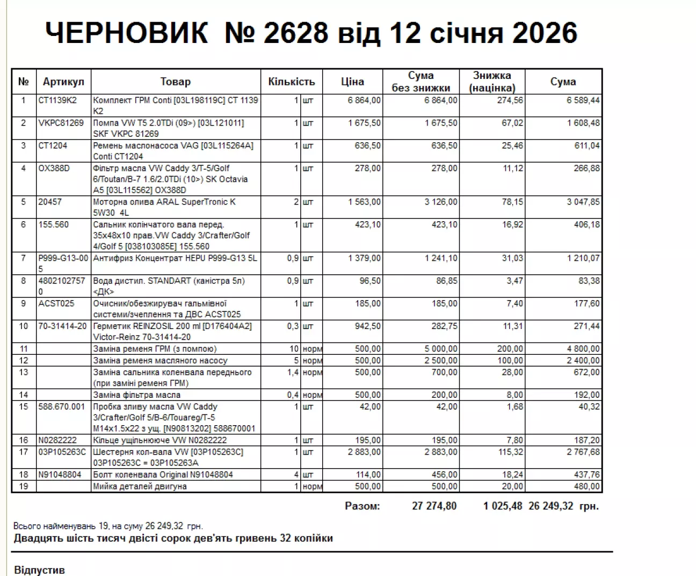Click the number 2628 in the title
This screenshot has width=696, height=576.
tap(296, 33)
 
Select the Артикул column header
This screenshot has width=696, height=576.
tap(63, 82)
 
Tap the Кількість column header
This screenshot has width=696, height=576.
tap(291, 82)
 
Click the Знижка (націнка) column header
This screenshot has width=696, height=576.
tap(492, 82)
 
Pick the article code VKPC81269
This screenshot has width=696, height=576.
tap(61, 123)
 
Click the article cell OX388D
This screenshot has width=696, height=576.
tap(54, 168)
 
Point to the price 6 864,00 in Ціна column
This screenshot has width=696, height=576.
tap(364, 100)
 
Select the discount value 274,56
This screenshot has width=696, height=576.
tap(510, 100)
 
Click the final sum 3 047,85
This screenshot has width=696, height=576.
tap(583, 202)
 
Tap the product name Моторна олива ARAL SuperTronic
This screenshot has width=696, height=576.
tap(164, 202)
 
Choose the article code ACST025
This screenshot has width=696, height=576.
tap(56, 303)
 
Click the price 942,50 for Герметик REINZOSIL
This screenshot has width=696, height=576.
tap(368, 326)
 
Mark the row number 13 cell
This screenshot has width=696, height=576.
tap(24, 372)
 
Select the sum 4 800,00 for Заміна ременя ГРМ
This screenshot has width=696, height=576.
tap(583, 348)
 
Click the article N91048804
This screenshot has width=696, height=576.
tap(60, 475)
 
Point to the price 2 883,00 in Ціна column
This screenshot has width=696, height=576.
tap(364, 452)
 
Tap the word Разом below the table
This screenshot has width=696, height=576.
tap(362, 506)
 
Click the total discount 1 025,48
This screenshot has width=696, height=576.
tap(503, 506)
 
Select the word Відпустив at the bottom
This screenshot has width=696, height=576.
tap(39, 570)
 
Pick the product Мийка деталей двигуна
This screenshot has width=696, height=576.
tap(140, 486)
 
